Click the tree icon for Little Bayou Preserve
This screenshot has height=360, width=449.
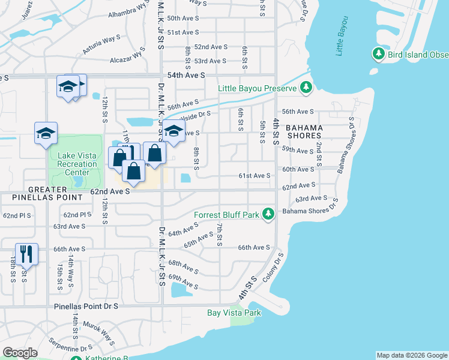point(306,88)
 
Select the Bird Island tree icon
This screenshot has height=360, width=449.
point(378,55)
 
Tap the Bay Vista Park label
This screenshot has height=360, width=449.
point(234,313)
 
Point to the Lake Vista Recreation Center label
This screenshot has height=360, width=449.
point(77,164)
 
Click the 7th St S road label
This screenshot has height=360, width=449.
point(220,234)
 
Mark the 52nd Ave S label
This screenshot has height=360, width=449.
point(211,47)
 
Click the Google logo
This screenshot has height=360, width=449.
point(20,353)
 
